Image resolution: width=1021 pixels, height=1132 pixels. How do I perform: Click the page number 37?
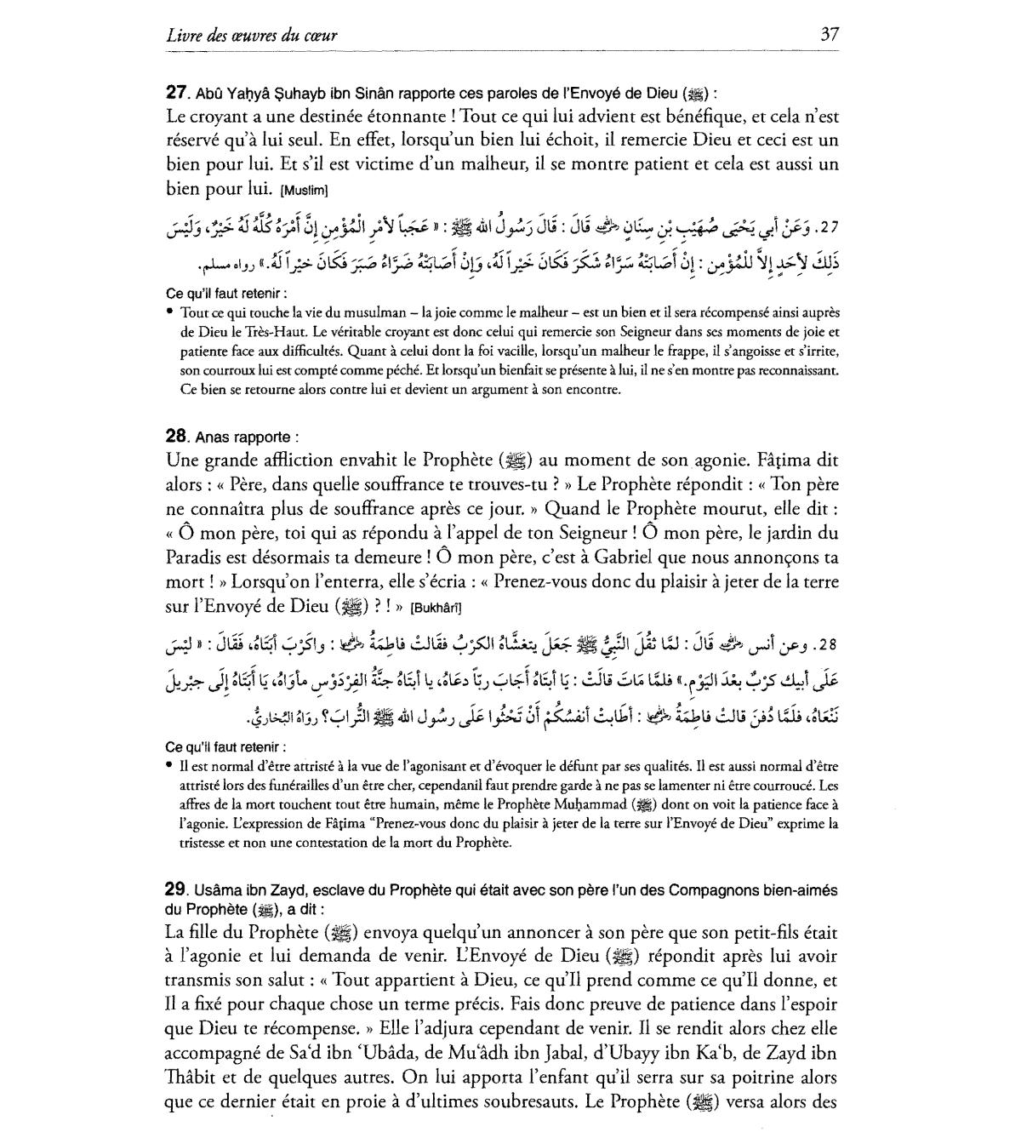coord(829,34)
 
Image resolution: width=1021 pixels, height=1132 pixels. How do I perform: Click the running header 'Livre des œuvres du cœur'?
coord(252,35)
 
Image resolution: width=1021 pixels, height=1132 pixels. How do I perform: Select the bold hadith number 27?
coord(175,92)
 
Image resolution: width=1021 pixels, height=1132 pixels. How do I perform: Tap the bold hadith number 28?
coord(175,436)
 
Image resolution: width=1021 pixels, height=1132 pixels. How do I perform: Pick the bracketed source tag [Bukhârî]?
coord(436,608)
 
